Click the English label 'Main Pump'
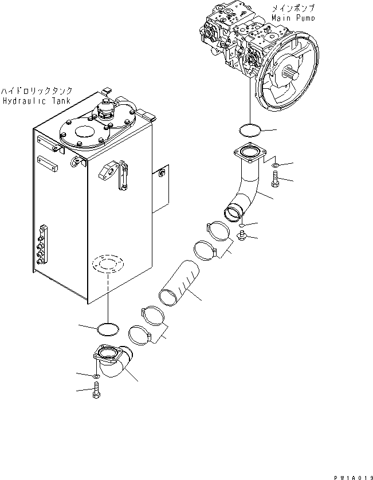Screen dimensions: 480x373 click(294, 18)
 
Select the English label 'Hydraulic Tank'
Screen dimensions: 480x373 click(36, 101)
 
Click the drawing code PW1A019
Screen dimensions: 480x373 click(351, 475)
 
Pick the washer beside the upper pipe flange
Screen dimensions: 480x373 click(276, 167)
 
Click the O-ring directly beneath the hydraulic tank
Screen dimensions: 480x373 click(107, 328)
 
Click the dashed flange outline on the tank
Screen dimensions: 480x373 click(107, 264)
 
